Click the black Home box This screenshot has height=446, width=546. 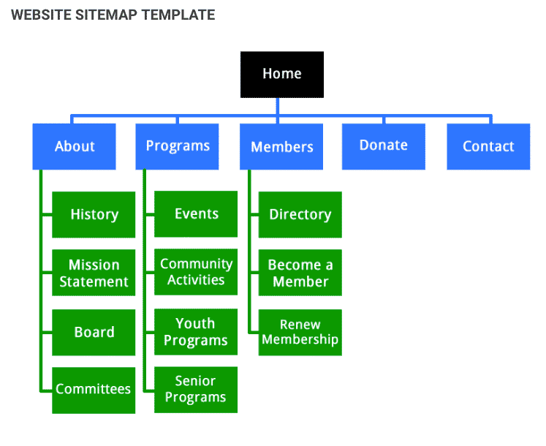(x=281, y=74)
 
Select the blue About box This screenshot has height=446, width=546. (x=75, y=146)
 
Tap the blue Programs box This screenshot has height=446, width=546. (x=178, y=146)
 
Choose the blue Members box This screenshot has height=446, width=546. (x=281, y=146)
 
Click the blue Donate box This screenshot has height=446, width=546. (x=384, y=145)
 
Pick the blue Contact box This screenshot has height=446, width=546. (x=488, y=146)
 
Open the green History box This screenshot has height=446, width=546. (x=94, y=214)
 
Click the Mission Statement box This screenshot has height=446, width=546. (x=94, y=273)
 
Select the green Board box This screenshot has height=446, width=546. (x=94, y=332)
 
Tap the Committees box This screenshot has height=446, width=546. (x=94, y=390)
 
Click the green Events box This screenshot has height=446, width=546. (x=196, y=213)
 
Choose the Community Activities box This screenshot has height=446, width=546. (x=196, y=272)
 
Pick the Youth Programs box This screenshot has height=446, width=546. (x=196, y=332)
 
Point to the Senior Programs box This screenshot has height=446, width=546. (x=196, y=389)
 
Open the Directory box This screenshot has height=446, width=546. (x=300, y=214)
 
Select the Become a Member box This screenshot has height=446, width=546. (x=300, y=273)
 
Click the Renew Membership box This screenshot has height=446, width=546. (x=300, y=332)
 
